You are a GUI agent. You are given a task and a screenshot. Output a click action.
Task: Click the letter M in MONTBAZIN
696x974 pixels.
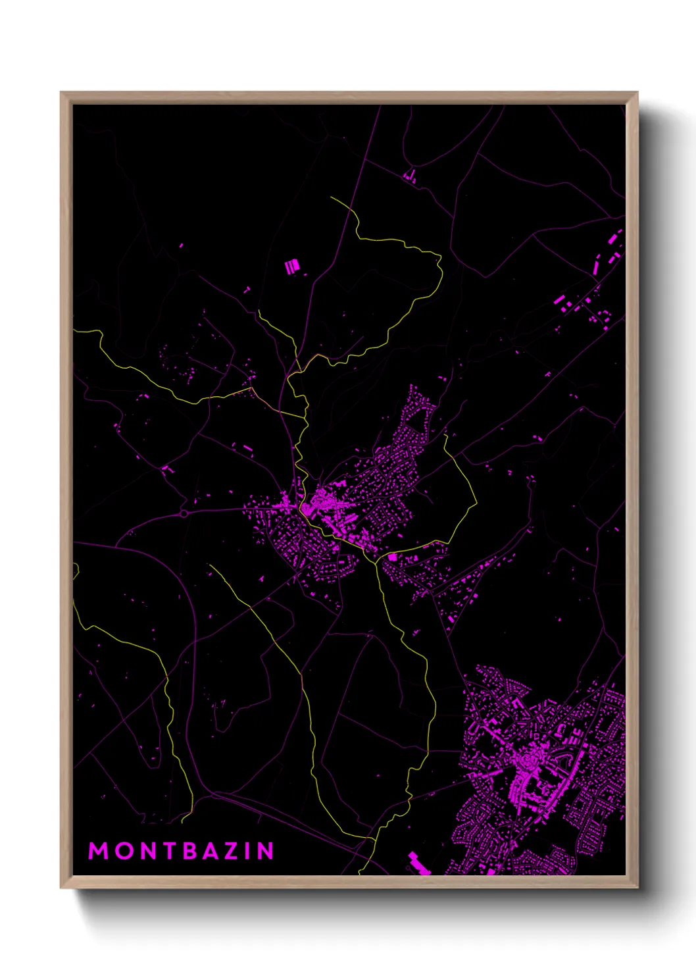click(98, 851)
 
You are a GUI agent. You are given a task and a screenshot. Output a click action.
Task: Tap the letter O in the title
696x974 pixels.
click(123, 851)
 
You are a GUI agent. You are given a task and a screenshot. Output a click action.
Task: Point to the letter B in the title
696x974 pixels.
click(191, 851)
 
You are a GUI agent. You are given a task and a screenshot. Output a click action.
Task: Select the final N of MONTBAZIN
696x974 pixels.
click(266, 851)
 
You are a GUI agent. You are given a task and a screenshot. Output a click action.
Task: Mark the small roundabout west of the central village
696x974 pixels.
click(185, 513)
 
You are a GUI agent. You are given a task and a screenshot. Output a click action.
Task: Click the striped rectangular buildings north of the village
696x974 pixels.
click(292, 267)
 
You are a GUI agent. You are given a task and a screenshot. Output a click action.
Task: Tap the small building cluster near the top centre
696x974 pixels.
click(410, 176)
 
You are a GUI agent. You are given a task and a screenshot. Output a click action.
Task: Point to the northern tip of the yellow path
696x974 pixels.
click(332, 198)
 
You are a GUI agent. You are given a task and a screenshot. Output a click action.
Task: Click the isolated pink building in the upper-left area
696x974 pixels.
click(181, 247)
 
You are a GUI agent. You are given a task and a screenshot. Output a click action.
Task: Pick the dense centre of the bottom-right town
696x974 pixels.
click(526, 763)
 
